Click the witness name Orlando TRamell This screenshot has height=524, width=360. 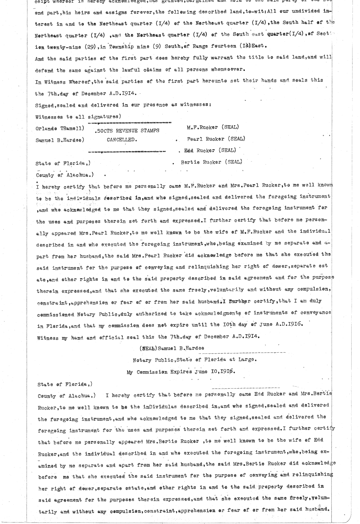tap(59, 129)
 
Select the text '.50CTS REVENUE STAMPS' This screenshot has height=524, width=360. tap(126, 131)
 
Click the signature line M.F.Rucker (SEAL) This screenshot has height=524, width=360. tap(213, 127)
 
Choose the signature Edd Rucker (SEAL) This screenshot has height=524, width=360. tap(210, 150)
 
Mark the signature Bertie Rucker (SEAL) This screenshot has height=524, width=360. tap(211, 162)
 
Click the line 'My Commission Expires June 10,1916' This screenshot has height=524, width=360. tap(181, 372)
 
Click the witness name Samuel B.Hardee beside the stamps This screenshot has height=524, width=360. tap(59, 140)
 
